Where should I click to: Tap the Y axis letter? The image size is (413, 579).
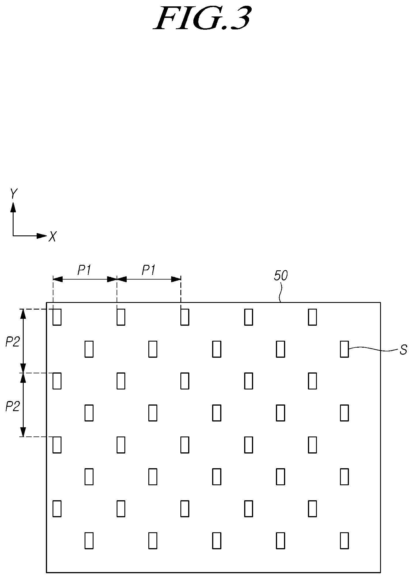point(14,194)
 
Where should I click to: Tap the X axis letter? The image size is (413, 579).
point(52,237)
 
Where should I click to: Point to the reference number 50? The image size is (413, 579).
point(281,276)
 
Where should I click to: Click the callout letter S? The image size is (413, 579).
point(403,350)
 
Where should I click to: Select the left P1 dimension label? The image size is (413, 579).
point(85,270)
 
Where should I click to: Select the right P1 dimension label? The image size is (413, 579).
point(149,270)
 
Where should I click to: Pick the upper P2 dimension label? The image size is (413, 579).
point(13,342)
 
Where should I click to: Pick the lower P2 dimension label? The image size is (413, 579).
point(13,406)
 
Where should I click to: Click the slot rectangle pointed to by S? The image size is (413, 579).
point(344,349)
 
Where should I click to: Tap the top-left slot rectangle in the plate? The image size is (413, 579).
point(57,317)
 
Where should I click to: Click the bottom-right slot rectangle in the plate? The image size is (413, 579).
point(344,540)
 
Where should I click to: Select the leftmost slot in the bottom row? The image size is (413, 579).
point(89,540)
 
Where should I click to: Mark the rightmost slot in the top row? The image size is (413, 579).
point(312,317)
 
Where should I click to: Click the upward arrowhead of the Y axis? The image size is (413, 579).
point(13,207)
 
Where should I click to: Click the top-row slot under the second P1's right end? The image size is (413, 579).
point(185,317)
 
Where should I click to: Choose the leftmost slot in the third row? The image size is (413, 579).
point(57,381)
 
